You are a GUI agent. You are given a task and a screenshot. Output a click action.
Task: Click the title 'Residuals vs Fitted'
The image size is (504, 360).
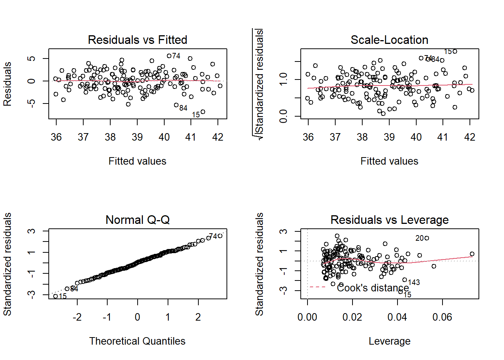tap(137, 40)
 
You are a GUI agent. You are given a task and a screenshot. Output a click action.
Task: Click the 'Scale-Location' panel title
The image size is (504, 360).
tap(389, 40)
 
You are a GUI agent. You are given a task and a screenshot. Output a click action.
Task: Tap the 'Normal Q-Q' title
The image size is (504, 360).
tap(137, 220)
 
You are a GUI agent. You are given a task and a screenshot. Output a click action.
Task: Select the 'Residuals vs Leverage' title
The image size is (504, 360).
tap(389, 220)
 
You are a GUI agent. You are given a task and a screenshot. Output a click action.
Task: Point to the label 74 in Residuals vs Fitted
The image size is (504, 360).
tap(176, 56)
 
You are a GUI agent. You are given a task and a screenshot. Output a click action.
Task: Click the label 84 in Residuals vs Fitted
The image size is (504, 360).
tap(183, 108)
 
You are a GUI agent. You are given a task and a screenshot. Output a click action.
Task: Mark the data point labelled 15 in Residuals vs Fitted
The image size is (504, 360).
tap(203, 112)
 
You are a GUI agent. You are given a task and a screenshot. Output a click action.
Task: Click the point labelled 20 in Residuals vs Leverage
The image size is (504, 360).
tap(427, 238)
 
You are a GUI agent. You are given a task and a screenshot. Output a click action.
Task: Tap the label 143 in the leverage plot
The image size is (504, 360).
tap(414, 282)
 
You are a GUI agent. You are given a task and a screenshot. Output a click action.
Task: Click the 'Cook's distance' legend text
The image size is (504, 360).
tap(373, 288)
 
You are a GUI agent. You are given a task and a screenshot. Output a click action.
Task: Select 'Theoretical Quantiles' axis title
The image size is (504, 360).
tap(137, 341)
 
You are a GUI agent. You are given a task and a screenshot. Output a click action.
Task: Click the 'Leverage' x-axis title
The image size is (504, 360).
tap(389, 341)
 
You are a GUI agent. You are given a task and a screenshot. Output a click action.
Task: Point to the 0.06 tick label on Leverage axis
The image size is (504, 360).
tap(442, 317)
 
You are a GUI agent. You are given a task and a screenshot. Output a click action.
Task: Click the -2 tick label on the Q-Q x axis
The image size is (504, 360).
tap(77, 317)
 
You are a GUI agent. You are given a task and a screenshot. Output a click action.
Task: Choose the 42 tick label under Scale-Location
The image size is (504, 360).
tap(469, 137)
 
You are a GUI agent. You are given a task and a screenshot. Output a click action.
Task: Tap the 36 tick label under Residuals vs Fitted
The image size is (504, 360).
tap(56, 137)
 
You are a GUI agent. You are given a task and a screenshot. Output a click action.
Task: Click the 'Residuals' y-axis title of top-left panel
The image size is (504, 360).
tap(7, 84)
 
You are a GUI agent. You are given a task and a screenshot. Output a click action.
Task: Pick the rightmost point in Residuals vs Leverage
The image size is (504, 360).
tap(472, 254)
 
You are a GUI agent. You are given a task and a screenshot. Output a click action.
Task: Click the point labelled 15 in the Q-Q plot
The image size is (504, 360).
tap(55, 296)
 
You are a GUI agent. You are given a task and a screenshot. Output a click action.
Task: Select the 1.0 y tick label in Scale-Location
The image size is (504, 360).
tap(283, 79)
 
